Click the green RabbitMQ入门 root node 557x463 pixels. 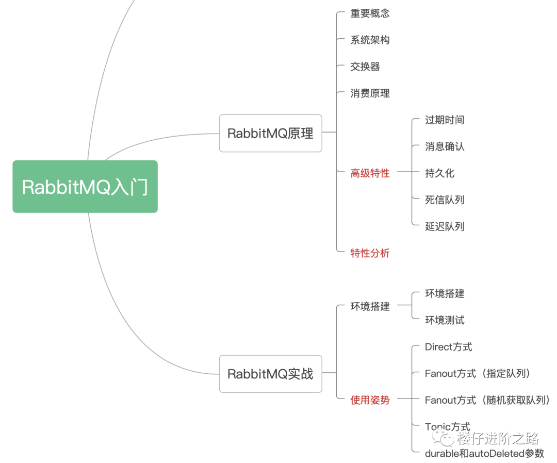click(85, 187)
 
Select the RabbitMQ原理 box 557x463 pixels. click(270, 133)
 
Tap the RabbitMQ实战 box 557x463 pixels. click(270, 374)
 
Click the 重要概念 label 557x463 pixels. click(370, 13)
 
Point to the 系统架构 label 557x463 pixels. click(370, 40)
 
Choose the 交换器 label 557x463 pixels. click(365, 67)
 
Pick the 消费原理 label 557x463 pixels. click(370, 93)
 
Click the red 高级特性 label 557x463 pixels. click(370, 173)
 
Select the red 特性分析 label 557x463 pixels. click(370, 253)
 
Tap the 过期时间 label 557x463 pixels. click(444, 120)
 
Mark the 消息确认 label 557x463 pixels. click(444, 147)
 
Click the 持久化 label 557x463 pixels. click(439, 173)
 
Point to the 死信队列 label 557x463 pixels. click(444, 200)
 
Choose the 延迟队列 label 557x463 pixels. click(444, 226)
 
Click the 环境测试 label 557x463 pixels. click(444, 320)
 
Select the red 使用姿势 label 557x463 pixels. click(370, 400)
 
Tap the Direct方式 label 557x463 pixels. click(448, 347)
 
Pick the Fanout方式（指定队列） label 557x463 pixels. click(478, 373)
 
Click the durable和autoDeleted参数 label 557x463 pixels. click(484, 454)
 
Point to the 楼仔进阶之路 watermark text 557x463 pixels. click(497, 439)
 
